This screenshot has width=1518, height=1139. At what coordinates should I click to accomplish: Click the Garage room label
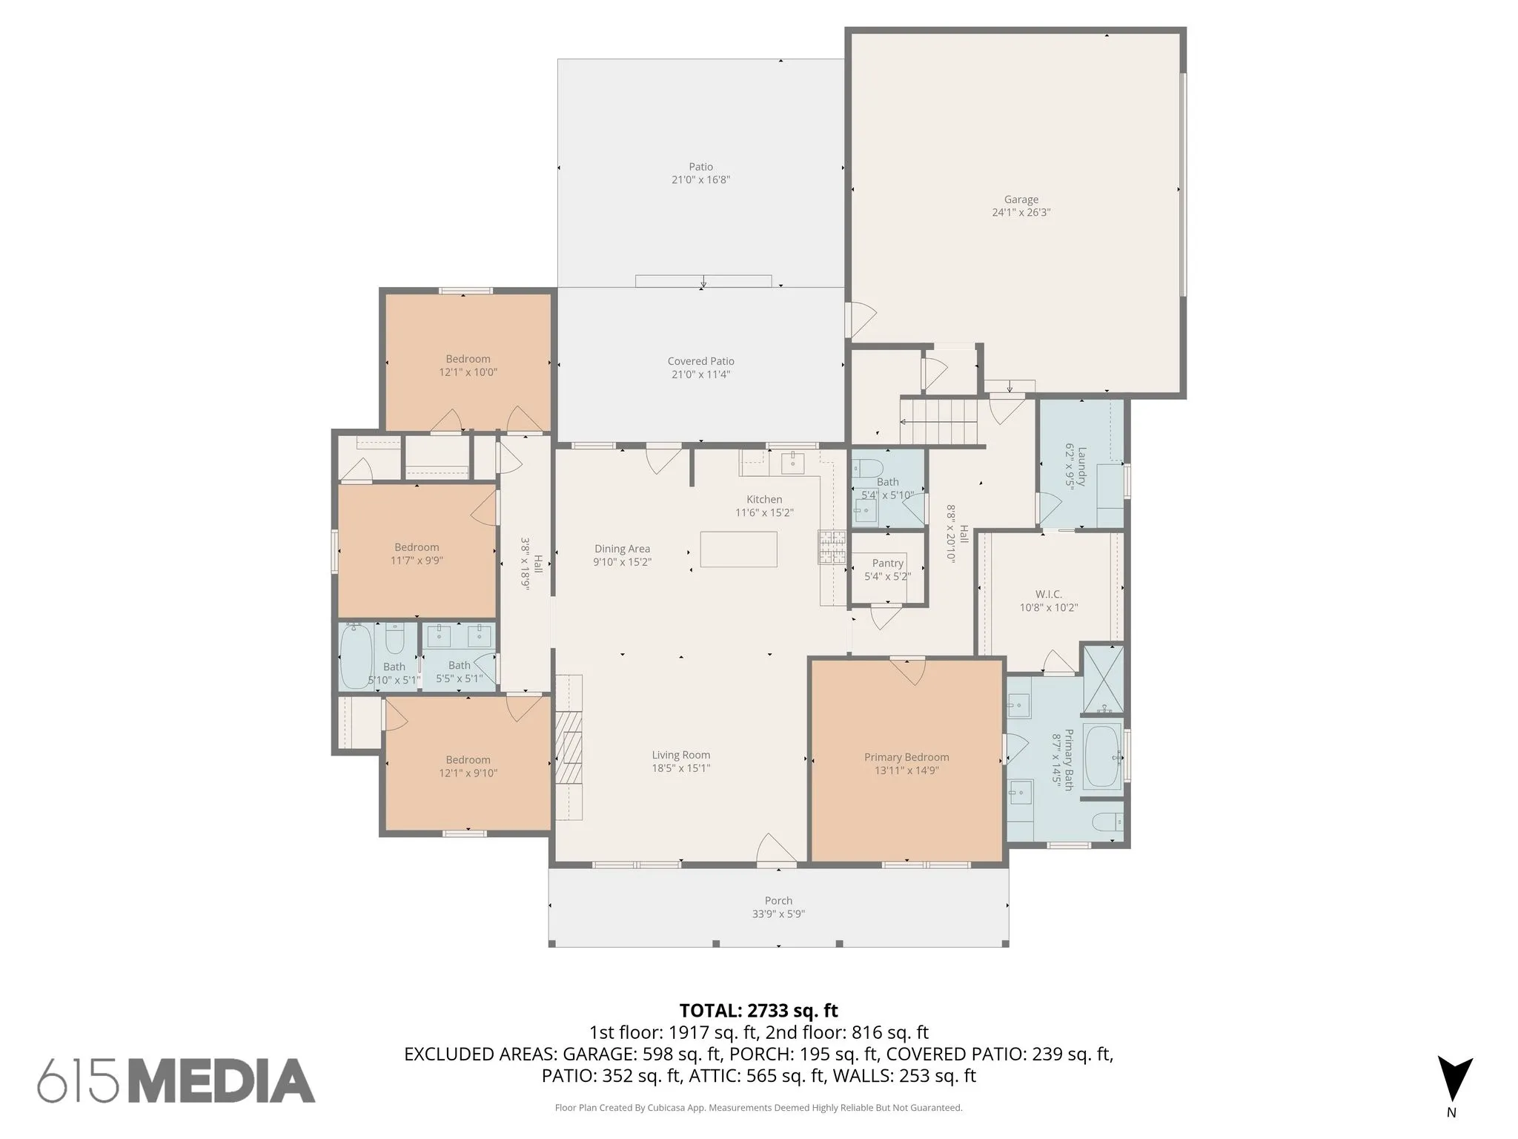(x=1021, y=199)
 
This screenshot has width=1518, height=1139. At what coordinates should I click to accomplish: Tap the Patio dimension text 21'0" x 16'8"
(x=700, y=179)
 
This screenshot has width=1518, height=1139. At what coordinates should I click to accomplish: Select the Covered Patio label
(x=700, y=361)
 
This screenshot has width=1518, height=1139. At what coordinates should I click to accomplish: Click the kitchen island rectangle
(x=738, y=549)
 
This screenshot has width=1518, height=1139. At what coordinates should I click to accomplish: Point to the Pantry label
(x=887, y=563)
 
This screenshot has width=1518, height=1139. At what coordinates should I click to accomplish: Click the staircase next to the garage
(x=939, y=420)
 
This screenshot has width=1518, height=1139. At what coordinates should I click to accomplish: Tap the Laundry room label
(x=1081, y=466)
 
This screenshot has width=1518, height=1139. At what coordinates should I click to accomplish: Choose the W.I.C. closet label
(x=1048, y=594)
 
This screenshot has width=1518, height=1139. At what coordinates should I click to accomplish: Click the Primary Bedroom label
(x=907, y=757)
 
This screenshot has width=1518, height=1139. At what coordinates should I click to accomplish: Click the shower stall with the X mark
(x=1104, y=680)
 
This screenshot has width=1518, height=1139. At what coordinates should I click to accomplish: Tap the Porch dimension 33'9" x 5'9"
(x=778, y=914)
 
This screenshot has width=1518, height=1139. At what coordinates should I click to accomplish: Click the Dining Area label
(x=622, y=549)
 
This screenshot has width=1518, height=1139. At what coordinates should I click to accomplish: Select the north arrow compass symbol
(x=1455, y=1080)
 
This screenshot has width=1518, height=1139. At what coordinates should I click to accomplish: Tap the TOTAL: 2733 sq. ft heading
(x=758, y=1010)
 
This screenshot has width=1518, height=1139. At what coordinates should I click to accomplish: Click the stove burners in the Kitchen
(x=832, y=547)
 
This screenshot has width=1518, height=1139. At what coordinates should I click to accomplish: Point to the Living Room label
(x=681, y=755)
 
